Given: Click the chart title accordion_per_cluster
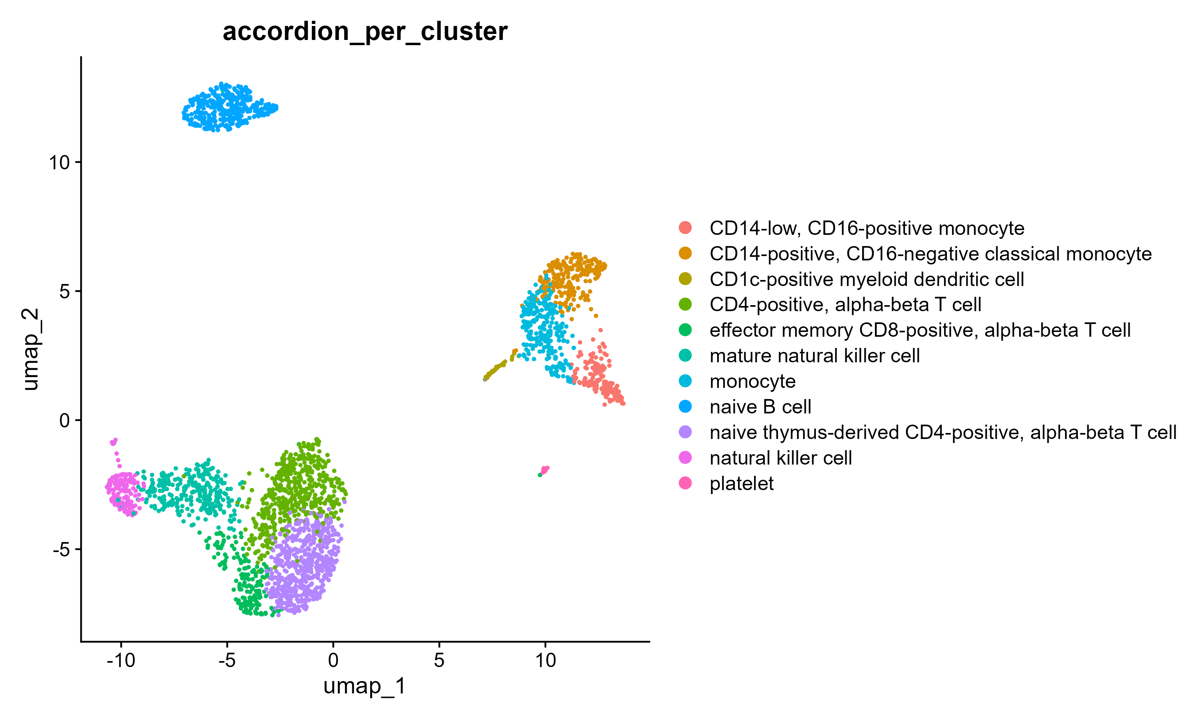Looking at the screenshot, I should (x=365, y=32).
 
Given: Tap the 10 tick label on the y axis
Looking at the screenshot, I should (x=59, y=163).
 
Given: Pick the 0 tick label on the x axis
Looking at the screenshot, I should (x=333, y=660).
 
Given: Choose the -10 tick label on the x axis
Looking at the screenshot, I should (x=121, y=660).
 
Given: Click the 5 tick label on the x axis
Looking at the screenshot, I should (x=439, y=660).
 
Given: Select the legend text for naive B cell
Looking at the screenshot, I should (x=760, y=407).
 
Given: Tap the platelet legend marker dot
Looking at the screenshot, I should (x=685, y=483).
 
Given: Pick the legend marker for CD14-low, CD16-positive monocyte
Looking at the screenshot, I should (x=685, y=228).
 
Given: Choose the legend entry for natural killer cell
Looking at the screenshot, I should (x=780, y=458).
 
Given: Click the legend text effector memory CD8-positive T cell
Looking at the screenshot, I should (x=920, y=330).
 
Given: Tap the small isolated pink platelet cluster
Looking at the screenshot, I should (x=544, y=470).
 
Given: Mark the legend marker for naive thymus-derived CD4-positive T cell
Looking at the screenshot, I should (x=685, y=432).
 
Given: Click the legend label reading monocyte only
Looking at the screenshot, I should (x=752, y=382).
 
